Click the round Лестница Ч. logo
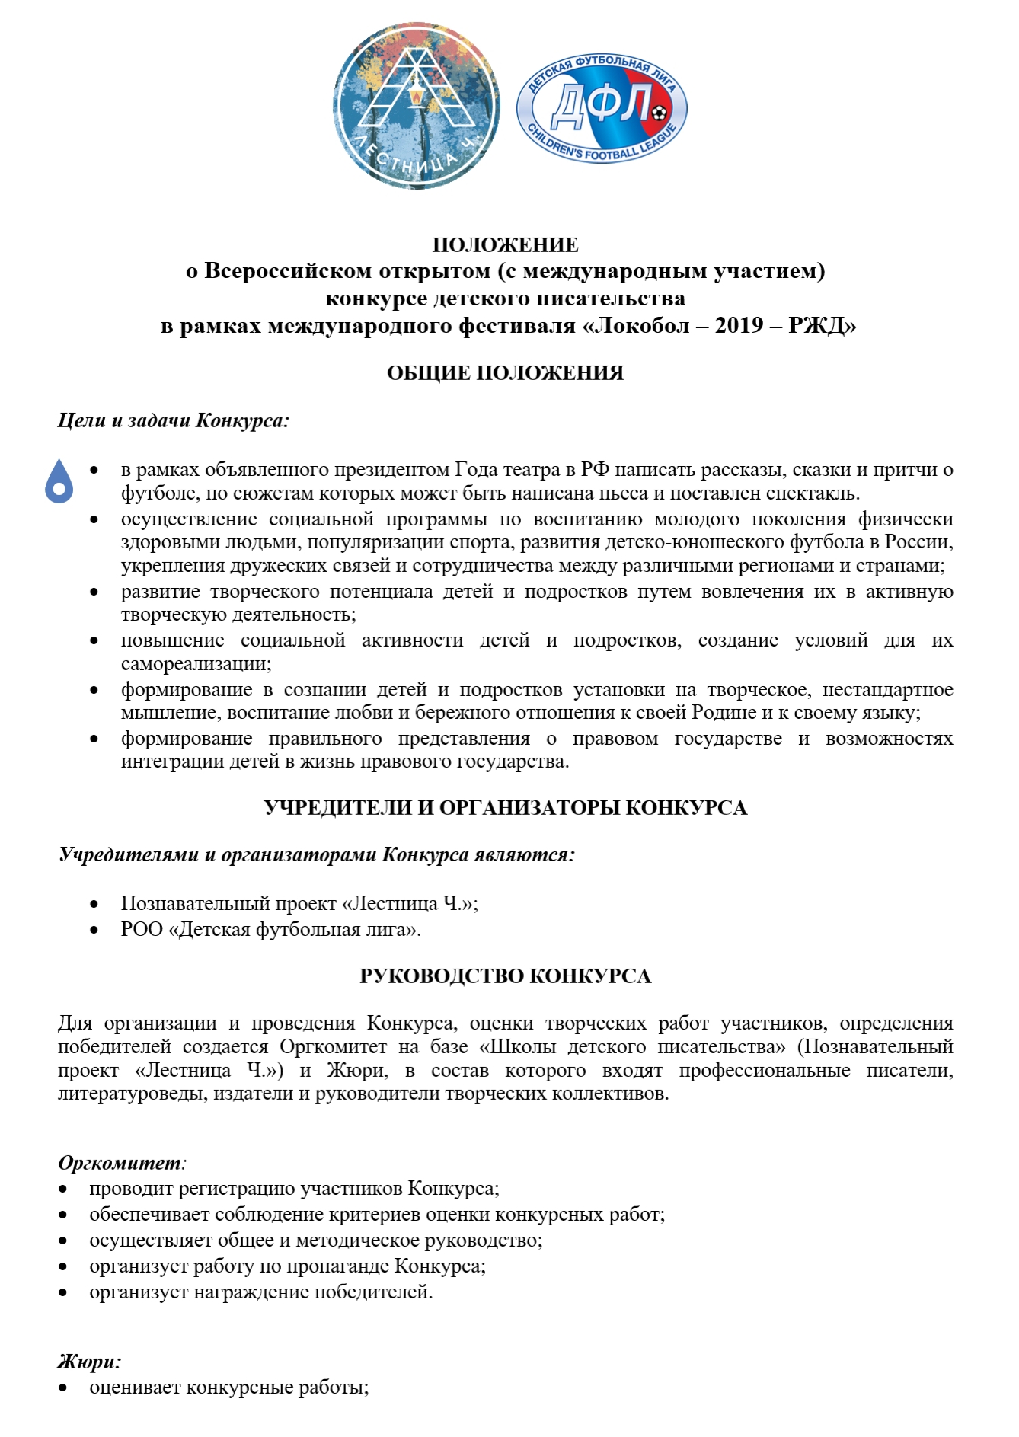[416, 106]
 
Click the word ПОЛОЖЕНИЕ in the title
[505, 245]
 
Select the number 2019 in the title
[739, 326]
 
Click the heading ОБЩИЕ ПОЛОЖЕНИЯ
[505, 373]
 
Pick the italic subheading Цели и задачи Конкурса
[174, 420]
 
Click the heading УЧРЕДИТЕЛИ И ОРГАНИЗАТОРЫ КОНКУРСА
[505, 808]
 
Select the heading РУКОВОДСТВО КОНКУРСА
[505, 976]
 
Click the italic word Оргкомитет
[120, 1163]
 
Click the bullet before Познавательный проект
[94, 905]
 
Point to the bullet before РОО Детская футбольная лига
[94, 930]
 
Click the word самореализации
[194, 663]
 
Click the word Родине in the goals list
[720, 713]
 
